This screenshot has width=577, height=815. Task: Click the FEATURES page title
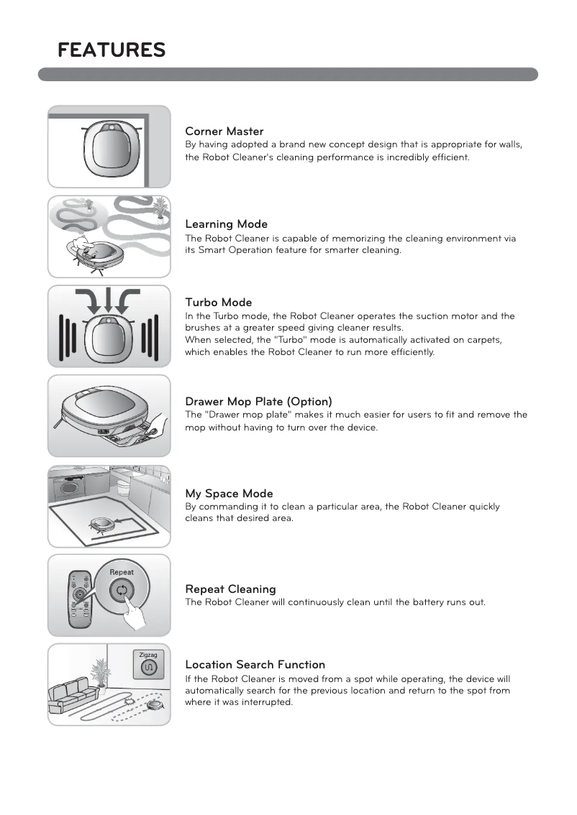(x=112, y=50)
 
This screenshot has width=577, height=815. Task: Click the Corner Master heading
(x=224, y=132)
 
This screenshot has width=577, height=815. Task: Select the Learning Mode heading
(x=226, y=224)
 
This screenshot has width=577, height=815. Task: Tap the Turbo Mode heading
(x=218, y=303)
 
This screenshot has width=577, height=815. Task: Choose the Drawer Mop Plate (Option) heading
(x=258, y=401)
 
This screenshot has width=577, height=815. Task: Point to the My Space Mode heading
(x=229, y=494)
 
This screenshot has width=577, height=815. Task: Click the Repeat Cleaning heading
(x=230, y=589)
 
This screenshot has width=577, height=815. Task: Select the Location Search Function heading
(x=255, y=665)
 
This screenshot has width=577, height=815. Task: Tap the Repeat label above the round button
(x=122, y=572)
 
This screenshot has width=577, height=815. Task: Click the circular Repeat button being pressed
(x=122, y=591)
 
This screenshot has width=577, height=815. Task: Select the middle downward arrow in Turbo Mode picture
(x=109, y=303)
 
